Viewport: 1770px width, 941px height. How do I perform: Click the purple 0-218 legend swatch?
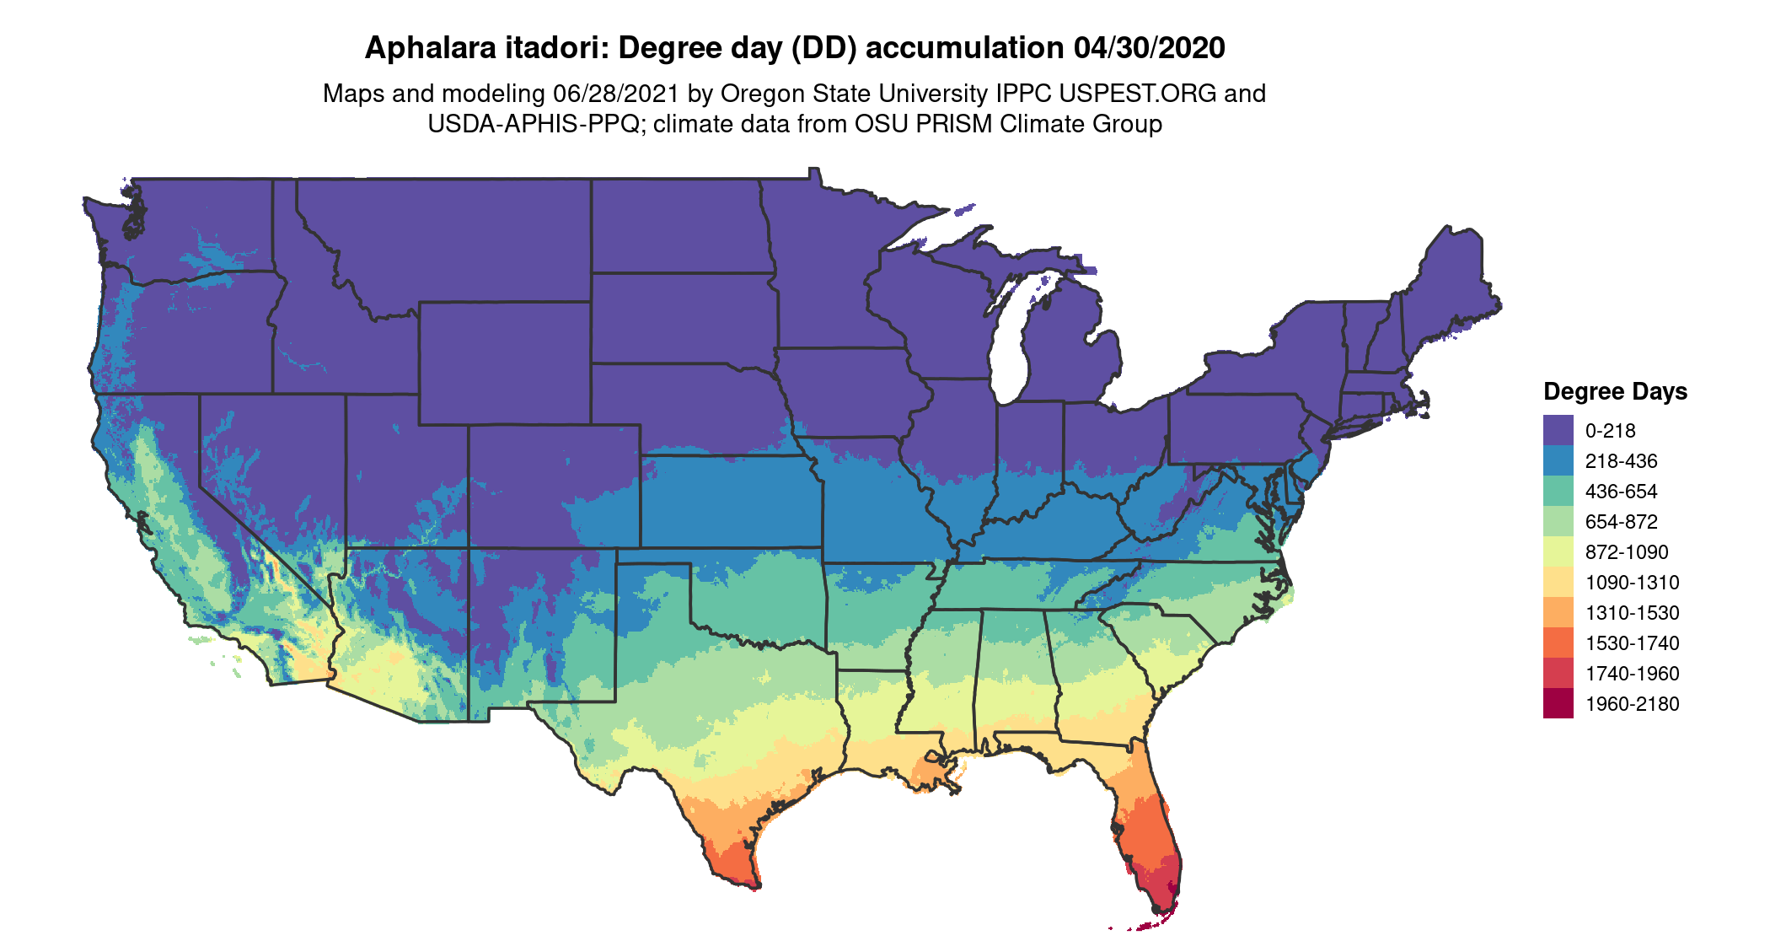tap(1558, 430)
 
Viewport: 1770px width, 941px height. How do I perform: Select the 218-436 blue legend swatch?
tap(1558, 460)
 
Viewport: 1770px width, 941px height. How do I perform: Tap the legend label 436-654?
tap(1621, 492)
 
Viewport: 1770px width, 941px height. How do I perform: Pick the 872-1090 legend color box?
tap(1558, 551)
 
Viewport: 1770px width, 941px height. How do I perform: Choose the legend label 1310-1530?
tap(1632, 613)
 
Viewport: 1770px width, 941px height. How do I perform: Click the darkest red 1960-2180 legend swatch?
tap(1558, 703)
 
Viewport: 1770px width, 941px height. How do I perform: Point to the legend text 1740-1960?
tap(1632, 674)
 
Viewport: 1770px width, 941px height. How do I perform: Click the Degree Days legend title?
tap(1615, 391)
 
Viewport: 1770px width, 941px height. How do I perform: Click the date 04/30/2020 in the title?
tap(1149, 48)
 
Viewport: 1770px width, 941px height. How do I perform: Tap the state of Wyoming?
tap(504, 363)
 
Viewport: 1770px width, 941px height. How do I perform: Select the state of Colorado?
tap(554, 486)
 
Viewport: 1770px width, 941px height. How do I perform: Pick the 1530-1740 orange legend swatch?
tap(1558, 643)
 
